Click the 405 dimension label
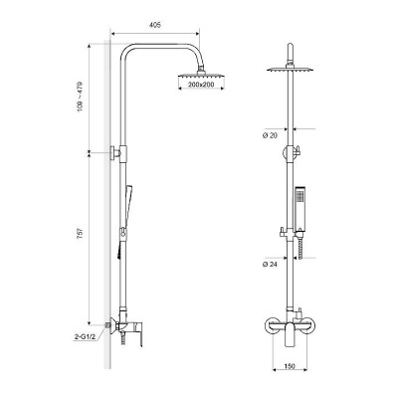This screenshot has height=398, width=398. [155, 25]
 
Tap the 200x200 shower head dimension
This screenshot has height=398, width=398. [201, 85]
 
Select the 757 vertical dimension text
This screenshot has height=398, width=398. [80, 234]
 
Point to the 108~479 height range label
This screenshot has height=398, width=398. [80, 97]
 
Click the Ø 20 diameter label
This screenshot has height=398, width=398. [270, 135]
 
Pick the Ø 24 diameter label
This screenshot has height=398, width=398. [270, 264]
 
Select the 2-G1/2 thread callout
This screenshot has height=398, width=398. [85, 337]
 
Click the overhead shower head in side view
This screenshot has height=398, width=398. [201, 75]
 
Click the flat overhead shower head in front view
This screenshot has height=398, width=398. [291, 70]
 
